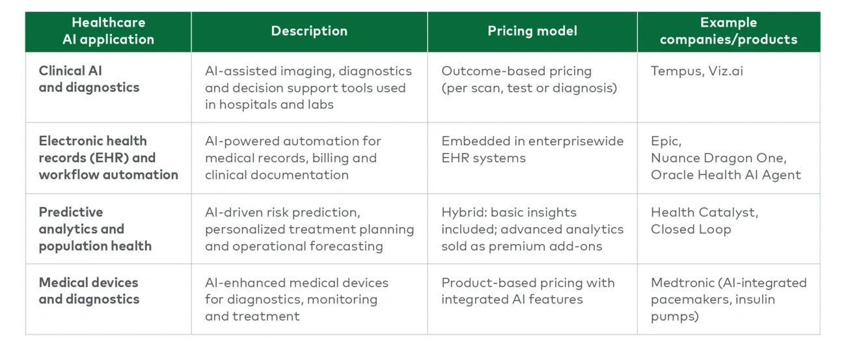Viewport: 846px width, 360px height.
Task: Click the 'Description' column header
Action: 309,31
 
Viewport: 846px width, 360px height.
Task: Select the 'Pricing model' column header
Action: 532,31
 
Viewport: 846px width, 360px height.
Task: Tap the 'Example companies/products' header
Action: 728,31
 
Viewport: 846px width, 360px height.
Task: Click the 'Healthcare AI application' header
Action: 108,31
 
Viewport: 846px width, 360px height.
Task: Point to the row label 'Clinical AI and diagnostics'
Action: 89,79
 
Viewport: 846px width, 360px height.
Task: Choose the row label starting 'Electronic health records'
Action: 108,158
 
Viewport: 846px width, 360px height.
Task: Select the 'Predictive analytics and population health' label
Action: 95,229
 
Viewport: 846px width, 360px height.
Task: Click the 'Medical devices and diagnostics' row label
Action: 89,291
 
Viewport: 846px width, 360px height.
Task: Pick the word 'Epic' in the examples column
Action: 665,141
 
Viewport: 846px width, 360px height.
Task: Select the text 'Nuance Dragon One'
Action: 718,158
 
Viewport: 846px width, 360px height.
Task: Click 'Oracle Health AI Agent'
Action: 726,175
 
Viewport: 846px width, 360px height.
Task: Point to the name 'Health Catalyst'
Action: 703,213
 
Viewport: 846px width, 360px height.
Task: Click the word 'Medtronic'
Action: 682,283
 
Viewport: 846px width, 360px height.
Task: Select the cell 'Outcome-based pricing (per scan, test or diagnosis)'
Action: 528,79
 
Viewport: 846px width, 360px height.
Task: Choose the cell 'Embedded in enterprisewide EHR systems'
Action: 532,150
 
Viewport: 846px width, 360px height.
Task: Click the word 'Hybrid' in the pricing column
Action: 463,213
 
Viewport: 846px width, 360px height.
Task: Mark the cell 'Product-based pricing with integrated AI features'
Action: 528,291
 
